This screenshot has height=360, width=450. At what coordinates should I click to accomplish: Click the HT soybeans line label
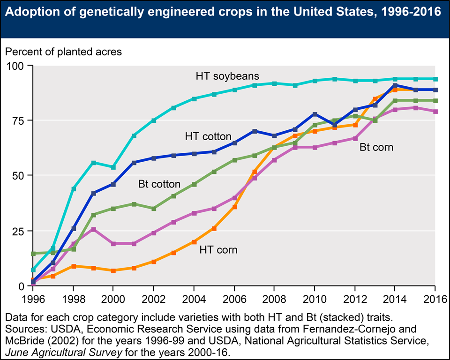[227, 76]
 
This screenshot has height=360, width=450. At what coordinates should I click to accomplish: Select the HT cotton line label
[208, 137]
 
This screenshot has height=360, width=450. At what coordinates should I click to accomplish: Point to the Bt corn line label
[376, 147]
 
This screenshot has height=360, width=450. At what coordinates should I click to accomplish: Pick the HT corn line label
[218, 250]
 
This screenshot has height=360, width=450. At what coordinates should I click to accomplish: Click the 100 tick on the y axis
[21, 65]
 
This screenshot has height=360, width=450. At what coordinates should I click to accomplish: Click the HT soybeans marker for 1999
[94, 163]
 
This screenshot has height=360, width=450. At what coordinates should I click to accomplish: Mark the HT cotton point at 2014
[395, 86]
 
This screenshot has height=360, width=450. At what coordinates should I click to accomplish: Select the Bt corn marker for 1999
[94, 230]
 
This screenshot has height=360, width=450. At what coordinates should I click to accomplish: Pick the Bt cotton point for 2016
[435, 101]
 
